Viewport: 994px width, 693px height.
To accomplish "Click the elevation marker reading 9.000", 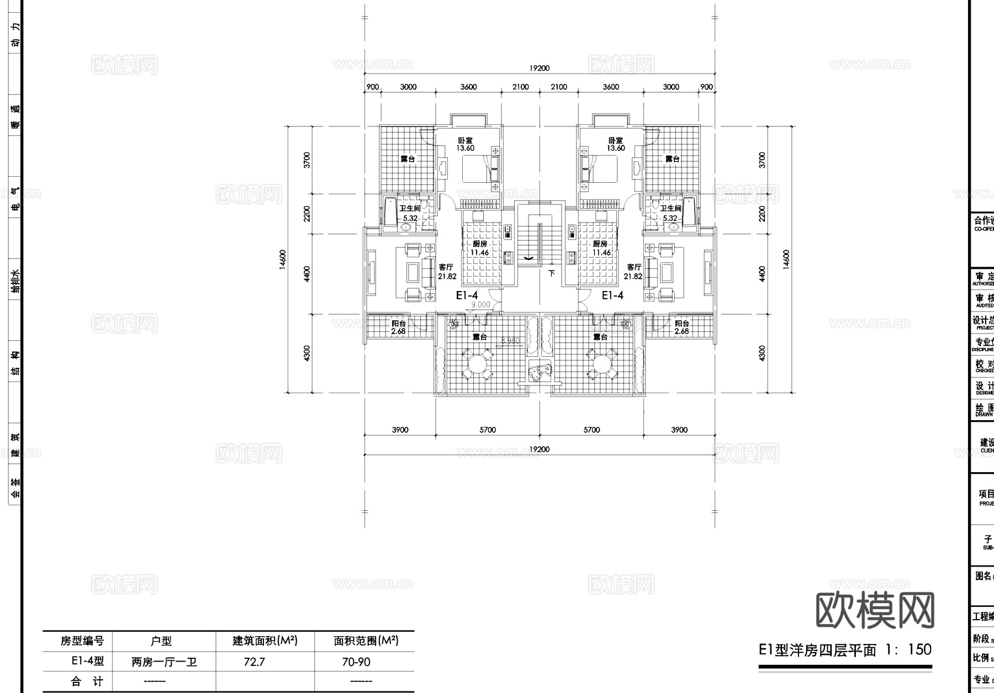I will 480,304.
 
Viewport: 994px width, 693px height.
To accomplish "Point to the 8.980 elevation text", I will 510,341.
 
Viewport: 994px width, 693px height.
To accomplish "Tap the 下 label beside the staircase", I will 551,273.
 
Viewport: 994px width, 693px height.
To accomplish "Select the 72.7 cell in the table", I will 254,662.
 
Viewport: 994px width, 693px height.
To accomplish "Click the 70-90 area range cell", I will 356,662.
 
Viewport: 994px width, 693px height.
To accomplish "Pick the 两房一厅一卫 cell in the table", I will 164,662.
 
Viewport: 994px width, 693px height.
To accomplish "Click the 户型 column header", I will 161,641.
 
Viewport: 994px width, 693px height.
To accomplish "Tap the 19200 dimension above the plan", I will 540,68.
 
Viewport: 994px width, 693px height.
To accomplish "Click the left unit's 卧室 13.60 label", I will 466,144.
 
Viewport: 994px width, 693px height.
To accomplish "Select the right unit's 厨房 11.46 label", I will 601,248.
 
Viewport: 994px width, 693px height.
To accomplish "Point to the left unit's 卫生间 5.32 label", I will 410,213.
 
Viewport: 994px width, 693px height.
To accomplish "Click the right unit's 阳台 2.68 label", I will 682,327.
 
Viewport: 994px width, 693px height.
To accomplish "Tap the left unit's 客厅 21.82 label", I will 446,272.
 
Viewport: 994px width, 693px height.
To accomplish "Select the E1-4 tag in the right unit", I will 612,295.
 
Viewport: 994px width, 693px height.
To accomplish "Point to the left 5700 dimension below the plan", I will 488,430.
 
